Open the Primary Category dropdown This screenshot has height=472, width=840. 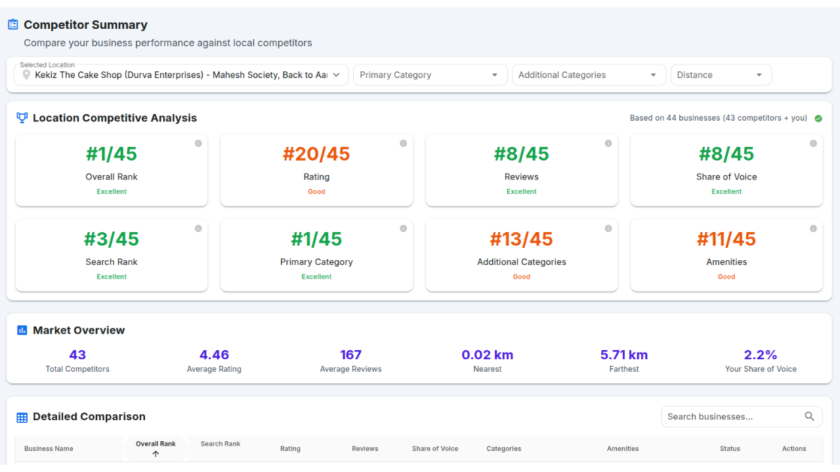pos(430,75)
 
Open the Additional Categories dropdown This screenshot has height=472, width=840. pos(589,75)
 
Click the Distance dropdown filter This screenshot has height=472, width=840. pos(721,75)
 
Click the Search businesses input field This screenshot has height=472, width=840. pos(732,417)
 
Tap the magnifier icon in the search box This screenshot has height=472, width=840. pos(809,417)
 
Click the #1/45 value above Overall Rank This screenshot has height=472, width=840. pos(112,154)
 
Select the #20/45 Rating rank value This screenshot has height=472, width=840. pos(316,154)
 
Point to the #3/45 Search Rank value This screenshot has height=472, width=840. pos(112,239)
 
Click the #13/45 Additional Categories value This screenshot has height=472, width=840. pos(522,239)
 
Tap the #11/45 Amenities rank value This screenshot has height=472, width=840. pos(726,239)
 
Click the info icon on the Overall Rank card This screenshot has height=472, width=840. pos(198,144)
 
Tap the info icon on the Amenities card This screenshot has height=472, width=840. pos(813,229)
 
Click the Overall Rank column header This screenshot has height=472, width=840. pos(156,444)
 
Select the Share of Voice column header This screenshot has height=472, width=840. pos(435,449)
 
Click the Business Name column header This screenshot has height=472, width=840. pos(49,449)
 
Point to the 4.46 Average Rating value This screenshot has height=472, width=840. pos(214,355)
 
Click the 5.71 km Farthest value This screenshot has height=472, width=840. pos(624,355)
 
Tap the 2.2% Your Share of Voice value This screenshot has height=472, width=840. pos(761,355)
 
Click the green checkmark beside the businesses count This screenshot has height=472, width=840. pos(818,119)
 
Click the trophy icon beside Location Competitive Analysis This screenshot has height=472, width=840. pos(22,118)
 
